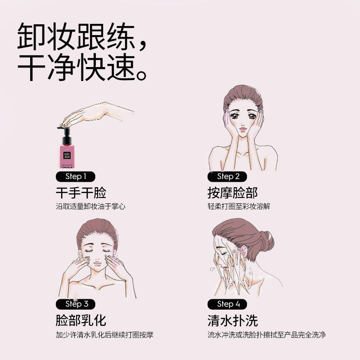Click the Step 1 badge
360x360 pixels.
(74, 176)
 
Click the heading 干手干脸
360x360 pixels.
(81, 193)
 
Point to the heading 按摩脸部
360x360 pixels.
(233, 193)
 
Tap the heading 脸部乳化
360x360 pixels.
(81, 320)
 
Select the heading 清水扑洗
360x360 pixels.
(233, 320)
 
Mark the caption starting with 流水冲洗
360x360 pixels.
(267, 335)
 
